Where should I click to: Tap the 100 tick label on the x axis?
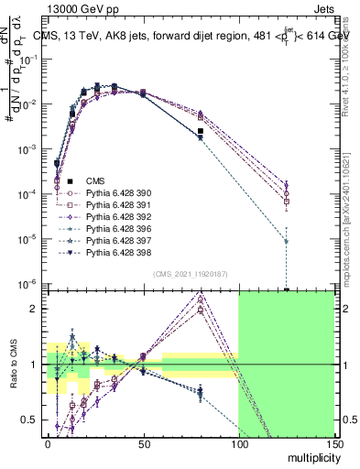(238, 442)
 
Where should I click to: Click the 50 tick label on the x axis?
(143, 442)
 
